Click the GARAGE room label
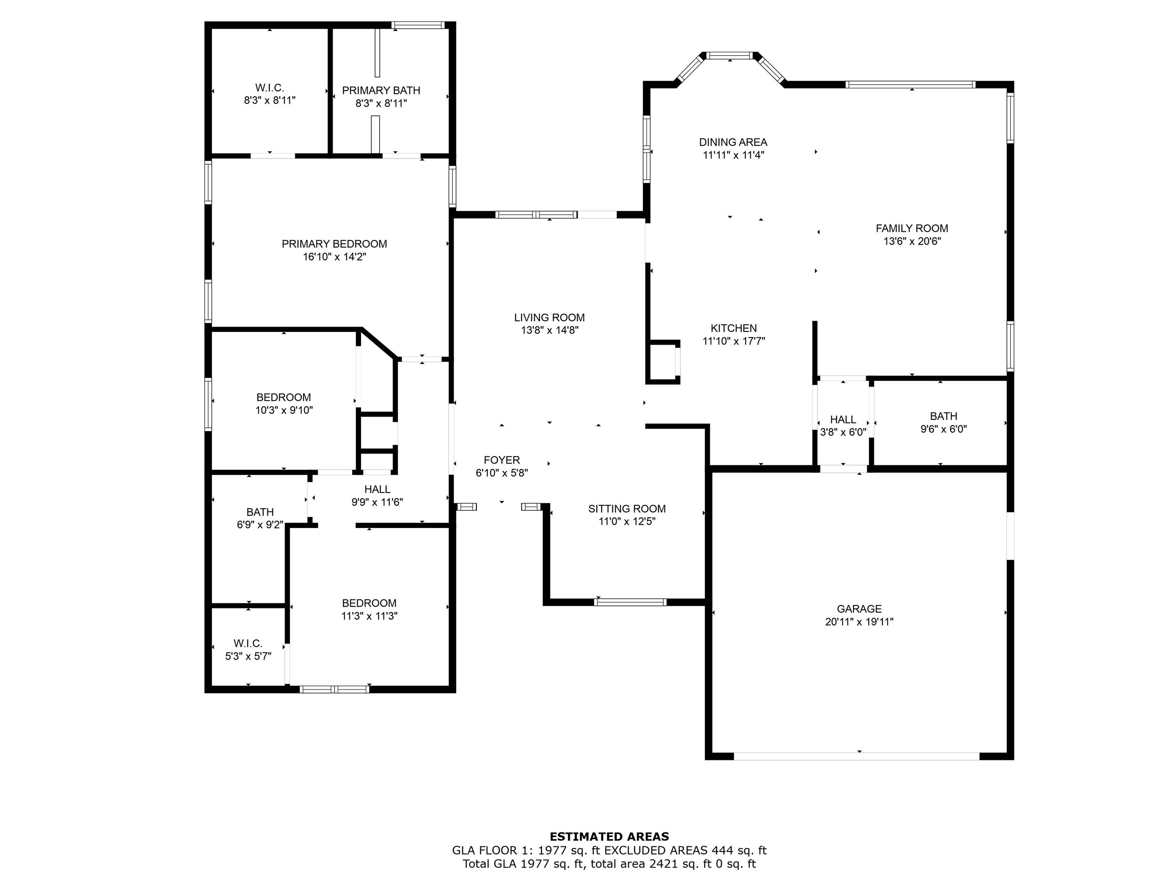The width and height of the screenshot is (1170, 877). [x=859, y=609]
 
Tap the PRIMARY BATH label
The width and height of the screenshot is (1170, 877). [x=381, y=90]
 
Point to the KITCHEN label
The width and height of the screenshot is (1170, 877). [x=734, y=328]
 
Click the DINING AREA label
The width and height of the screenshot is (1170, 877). [x=733, y=142]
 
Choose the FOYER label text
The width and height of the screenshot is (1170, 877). [x=502, y=461]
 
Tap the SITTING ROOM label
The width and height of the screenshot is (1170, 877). [x=627, y=509]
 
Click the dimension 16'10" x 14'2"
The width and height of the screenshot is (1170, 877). [x=334, y=257]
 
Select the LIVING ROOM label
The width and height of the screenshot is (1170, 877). [x=549, y=318]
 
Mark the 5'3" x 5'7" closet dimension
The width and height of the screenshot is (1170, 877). [x=248, y=657]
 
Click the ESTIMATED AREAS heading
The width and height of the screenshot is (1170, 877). [x=609, y=837]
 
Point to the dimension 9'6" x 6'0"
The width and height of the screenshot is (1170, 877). [x=944, y=429]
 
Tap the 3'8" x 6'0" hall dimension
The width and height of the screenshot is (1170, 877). [x=843, y=432]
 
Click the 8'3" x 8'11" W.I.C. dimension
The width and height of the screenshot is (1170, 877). [x=269, y=100]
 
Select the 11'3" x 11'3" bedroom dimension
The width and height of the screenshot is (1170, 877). [x=369, y=616]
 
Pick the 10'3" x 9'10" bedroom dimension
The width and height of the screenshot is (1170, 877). [x=284, y=410]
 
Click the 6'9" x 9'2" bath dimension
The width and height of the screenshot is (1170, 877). [x=260, y=525]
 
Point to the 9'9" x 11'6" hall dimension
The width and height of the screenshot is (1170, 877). [x=377, y=502]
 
